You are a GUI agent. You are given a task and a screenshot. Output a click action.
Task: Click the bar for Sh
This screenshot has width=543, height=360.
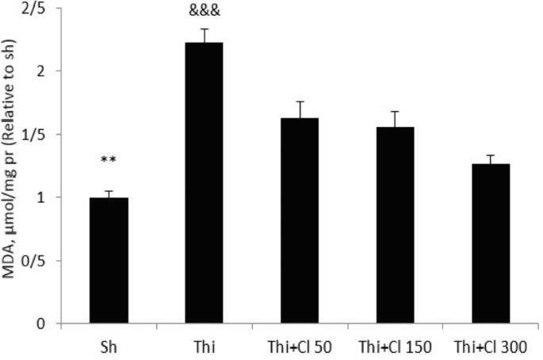[109, 260]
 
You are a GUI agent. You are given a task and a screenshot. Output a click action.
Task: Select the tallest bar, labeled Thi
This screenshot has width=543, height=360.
[204, 182]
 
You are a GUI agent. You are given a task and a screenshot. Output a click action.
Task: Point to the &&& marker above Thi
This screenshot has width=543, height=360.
[204, 12]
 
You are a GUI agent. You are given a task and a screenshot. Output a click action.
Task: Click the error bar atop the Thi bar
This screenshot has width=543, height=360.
[204, 35]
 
